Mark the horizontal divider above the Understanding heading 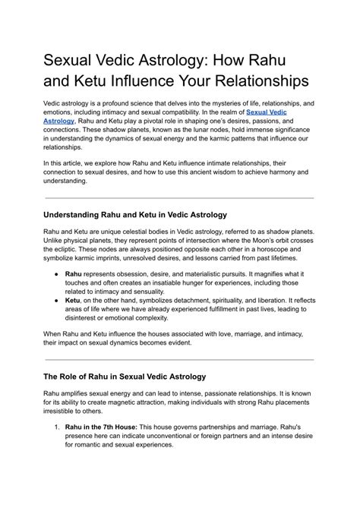tap(179, 197)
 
